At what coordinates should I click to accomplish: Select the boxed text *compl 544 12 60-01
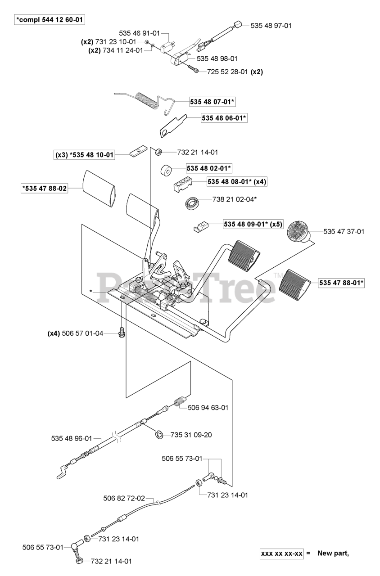coord(50,20)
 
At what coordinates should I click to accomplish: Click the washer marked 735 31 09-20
coord(158,434)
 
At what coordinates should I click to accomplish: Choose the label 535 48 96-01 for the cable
coord(71,438)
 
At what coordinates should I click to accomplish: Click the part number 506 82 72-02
coord(124,498)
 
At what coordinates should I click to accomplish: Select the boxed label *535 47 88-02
coord(45,189)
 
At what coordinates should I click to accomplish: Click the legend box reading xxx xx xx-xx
coord(282,553)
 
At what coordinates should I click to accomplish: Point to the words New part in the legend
coord(333,553)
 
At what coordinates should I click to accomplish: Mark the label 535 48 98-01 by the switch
coord(217,58)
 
